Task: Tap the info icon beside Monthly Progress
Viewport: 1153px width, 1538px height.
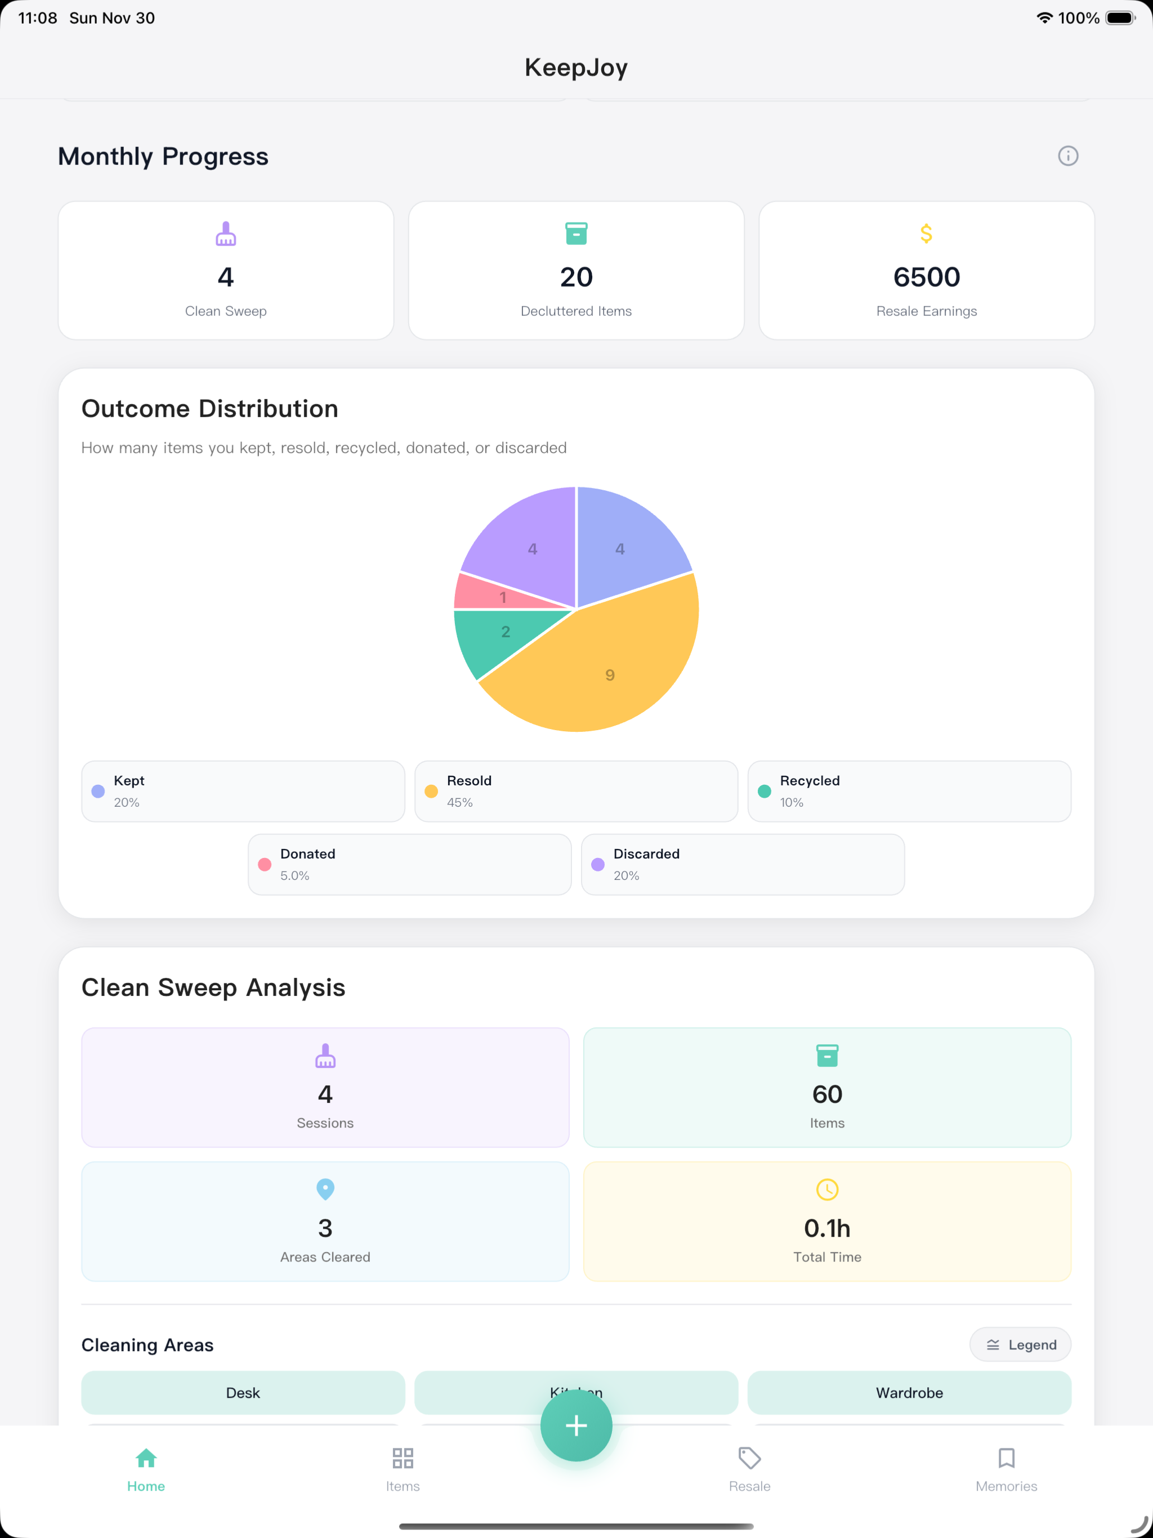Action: coord(1068,156)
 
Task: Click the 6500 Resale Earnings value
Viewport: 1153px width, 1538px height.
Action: coord(926,277)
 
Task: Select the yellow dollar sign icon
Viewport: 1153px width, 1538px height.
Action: coord(926,234)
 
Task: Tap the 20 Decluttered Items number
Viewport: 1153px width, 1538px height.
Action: coord(576,277)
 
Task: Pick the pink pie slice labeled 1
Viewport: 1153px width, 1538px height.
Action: coord(487,594)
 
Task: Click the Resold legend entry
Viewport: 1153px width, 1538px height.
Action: coord(576,792)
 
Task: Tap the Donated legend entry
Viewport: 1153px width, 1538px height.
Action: coord(410,864)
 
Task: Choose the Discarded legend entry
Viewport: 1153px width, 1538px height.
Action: coord(743,864)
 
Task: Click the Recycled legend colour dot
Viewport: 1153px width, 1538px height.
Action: coord(765,792)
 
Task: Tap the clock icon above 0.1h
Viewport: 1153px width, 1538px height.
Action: coord(827,1190)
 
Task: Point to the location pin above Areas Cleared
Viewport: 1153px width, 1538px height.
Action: coord(325,1189)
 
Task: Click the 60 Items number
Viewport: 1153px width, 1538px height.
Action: coord(827,1094)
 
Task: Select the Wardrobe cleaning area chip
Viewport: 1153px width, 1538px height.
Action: coord(909,1393)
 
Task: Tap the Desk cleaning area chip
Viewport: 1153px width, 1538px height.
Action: coord(243,1393)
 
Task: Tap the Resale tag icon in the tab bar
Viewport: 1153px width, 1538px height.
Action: coord(749,1458)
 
